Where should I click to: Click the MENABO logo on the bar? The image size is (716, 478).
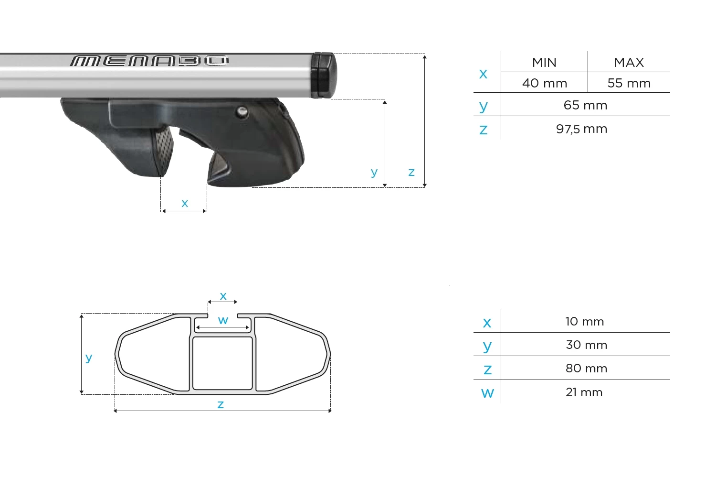pos(149,61)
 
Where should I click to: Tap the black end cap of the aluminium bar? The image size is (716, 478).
pos(323,75)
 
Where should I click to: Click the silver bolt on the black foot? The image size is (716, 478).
pos(242,112)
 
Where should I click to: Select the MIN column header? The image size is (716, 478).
pos(544,63)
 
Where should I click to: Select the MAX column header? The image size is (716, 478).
pos(629,63)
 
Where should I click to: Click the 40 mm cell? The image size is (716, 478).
pos(544,83)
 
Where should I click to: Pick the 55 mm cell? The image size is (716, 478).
pos(629,83)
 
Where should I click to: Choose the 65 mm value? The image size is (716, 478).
pos(585,105)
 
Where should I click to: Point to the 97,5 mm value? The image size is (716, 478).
pos(581,129)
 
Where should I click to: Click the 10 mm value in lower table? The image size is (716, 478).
pos(585,322)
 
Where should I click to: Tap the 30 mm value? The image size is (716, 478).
pos(586,345)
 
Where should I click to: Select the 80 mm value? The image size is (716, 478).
pos(586,369)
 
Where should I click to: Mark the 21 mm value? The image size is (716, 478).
pos(584,392)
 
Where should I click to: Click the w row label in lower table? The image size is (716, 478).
pos(487,393)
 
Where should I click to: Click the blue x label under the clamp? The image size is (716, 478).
pos(185,204)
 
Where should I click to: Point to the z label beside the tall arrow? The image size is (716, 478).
pos(411,172)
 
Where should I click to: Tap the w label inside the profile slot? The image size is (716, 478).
pos(223,320)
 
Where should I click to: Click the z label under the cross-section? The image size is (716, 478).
pos(221,405)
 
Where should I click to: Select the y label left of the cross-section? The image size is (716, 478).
pos(88,358)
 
